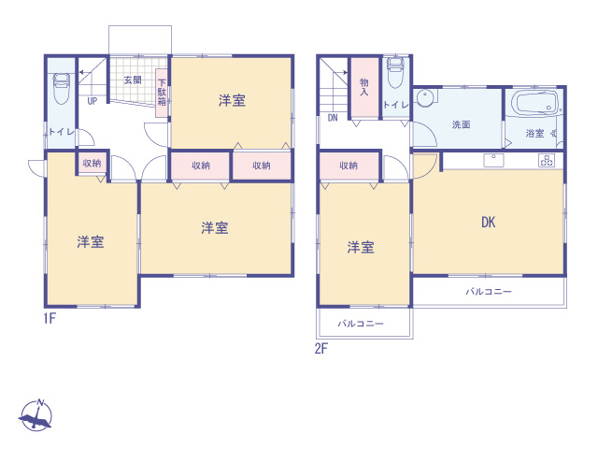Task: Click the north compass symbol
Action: coord(36,415)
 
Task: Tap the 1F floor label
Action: coord(50,318)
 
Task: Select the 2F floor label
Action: coord(321,349)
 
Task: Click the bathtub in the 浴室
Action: coord(534,102)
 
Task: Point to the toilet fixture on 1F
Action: coord(61,88)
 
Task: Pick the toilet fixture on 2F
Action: coord(395,73)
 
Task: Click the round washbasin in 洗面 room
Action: coord(425,98)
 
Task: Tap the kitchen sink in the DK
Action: coord(493,160)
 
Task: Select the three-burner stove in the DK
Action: coord(547,160)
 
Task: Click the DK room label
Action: coord(488,223)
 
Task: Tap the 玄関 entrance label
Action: coord(133,80)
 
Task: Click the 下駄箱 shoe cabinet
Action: coord(162,93)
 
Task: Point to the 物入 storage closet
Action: coord(364,88)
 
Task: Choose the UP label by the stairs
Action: coord(93,101)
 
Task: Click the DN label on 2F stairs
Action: coord(333,118)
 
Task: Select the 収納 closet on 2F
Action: coord(349,166)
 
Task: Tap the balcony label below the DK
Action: coord(489,292)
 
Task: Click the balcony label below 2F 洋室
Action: coord(361,324)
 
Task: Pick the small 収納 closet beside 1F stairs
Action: coord(92,163)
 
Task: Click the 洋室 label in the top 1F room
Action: coord(232,100)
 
